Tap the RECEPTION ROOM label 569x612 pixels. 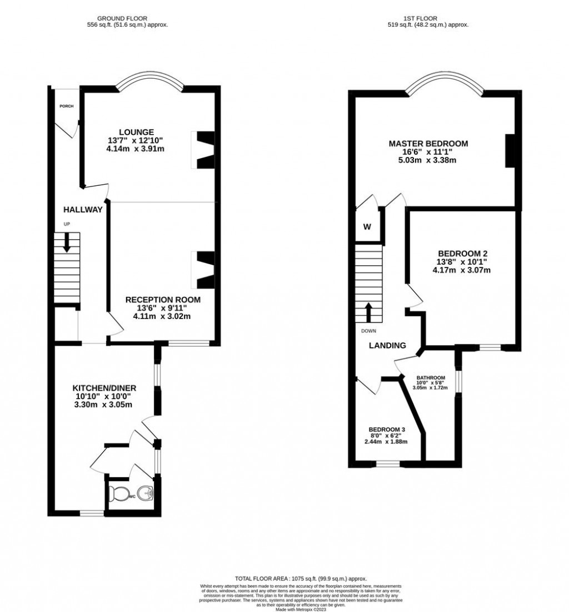[162, 300]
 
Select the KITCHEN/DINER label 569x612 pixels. [104, 387]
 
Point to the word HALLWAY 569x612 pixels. [83, 210]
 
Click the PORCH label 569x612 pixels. [67, 106]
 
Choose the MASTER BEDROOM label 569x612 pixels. [428, 144]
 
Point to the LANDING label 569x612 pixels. [388, 345]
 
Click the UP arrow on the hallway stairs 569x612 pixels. [67, 242]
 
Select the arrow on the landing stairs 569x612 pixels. [368, 312]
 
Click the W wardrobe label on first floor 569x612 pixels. [367, 226]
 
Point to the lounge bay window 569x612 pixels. [149, 80]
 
